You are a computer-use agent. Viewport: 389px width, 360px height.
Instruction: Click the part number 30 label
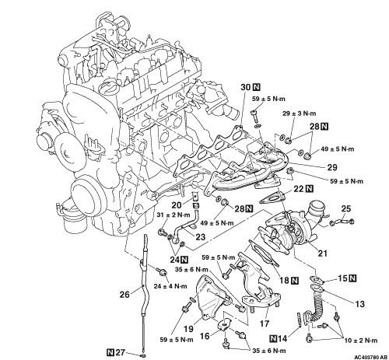click(x=245, y=87)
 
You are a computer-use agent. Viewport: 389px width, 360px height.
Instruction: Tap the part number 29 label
click(x=332, y=167)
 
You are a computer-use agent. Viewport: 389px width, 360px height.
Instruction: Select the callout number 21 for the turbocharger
click(x=323, y=253)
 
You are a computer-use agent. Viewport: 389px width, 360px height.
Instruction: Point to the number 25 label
click(x=346, y=208)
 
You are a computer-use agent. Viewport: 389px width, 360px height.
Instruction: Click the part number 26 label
click(x=124, y=294)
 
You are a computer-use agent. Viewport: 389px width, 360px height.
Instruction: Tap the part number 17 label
click(x=265, y=323)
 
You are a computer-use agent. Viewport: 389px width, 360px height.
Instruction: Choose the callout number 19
click(x=188, y=328)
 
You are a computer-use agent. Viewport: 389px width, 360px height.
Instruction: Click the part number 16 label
click(x=205, y=336)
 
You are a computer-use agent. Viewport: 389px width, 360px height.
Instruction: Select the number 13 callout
click(x=360, y=304)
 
